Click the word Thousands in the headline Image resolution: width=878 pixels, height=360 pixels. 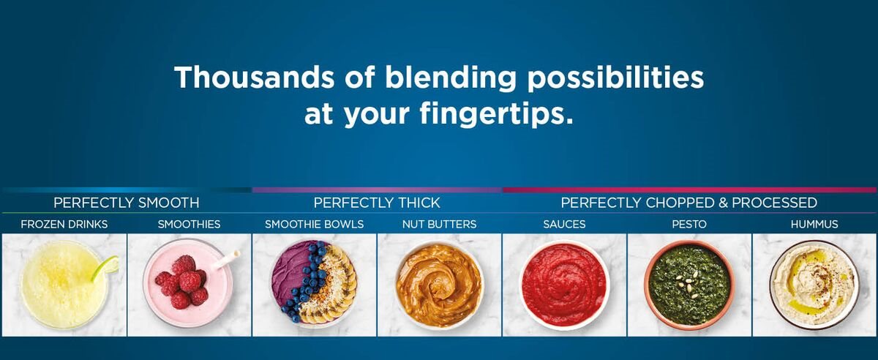255,77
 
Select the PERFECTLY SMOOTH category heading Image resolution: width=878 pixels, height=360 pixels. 126,203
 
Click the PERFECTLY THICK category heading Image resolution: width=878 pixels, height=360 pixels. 377,203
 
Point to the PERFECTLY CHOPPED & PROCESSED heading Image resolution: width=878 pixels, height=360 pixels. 689,203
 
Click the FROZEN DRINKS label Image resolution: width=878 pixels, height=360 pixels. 64,225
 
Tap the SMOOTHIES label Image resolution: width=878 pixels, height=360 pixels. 189,225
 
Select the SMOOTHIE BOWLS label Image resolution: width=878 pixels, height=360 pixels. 315,225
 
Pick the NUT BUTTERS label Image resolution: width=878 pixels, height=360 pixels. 440,225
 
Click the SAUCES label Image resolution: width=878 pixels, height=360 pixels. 564,225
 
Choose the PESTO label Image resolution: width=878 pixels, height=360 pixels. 689,225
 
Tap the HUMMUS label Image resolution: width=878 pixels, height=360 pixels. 814,225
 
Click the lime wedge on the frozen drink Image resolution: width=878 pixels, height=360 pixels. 105,268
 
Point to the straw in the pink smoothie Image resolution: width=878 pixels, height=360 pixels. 225,260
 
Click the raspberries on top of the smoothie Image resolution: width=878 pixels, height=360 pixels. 181,282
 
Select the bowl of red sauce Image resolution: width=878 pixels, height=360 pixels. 564,285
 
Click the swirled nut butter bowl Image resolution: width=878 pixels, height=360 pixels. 440,285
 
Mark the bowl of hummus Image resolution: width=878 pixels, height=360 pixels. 814,285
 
